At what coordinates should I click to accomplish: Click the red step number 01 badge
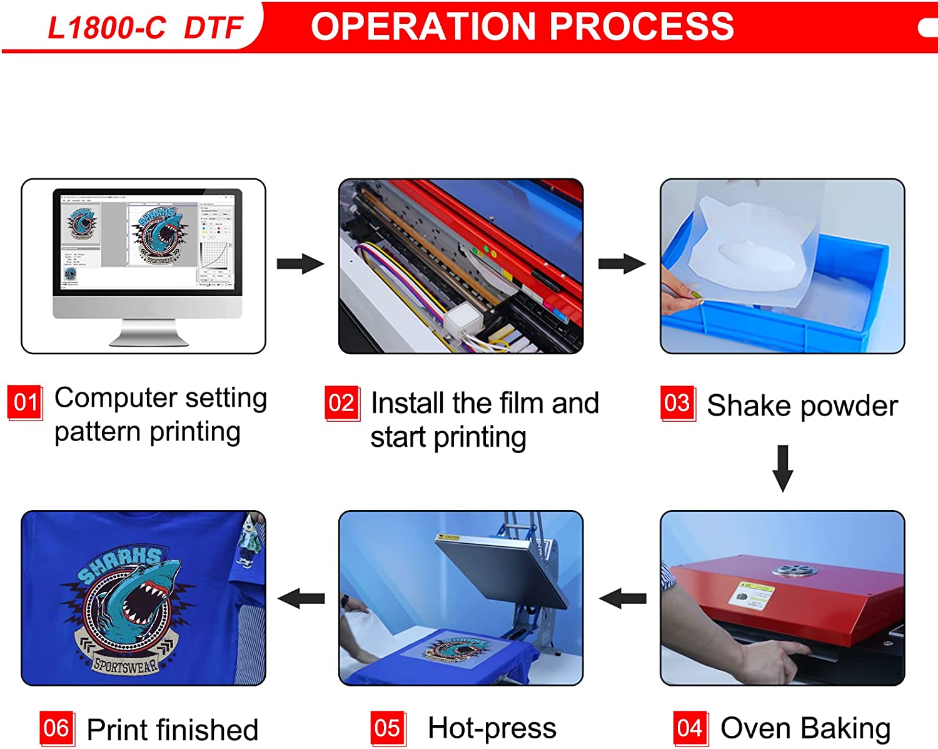point(25,402)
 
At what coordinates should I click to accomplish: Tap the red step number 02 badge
point(342,404)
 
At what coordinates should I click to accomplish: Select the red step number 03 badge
point(678,404)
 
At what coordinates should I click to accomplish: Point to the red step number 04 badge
point(690,728)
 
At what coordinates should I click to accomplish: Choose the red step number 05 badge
point(388,728)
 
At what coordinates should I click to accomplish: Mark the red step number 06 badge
point(57,728)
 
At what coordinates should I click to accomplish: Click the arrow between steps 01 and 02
point(301,264)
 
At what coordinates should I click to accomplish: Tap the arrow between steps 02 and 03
point(622,264)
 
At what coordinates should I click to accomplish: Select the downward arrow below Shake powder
point(783,468)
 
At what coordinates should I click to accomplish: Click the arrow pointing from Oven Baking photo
point(623,599)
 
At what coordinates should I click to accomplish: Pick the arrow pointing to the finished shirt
point(301,599)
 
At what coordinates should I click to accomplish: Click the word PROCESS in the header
point(642,26)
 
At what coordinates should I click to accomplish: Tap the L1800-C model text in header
point(106,28)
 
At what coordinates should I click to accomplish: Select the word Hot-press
point(492,728)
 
